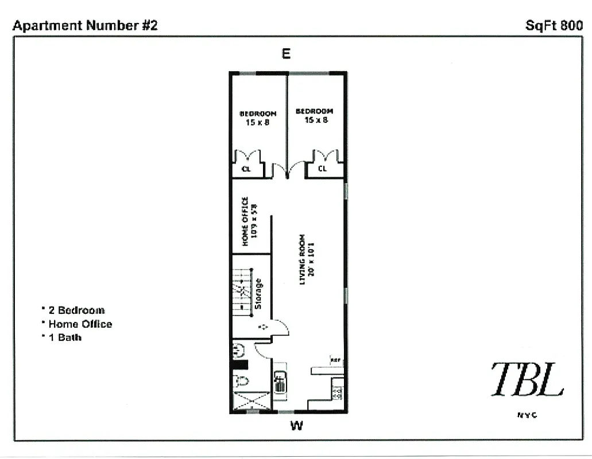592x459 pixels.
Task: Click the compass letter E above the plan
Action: [x=286, y=54]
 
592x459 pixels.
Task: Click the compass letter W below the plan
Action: [x=296, y=426]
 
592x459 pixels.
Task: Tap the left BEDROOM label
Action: [x=257, y=114]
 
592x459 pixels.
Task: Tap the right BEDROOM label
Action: [x=314, y=111]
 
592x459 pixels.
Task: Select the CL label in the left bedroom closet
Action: [x=246, y=169]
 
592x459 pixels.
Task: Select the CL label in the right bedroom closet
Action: [x=322, y=169]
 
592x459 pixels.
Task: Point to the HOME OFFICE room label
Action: [x=245, y=221]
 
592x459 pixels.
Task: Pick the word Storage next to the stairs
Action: [x=258, y=294]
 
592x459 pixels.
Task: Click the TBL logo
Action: [x=527, y=379]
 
